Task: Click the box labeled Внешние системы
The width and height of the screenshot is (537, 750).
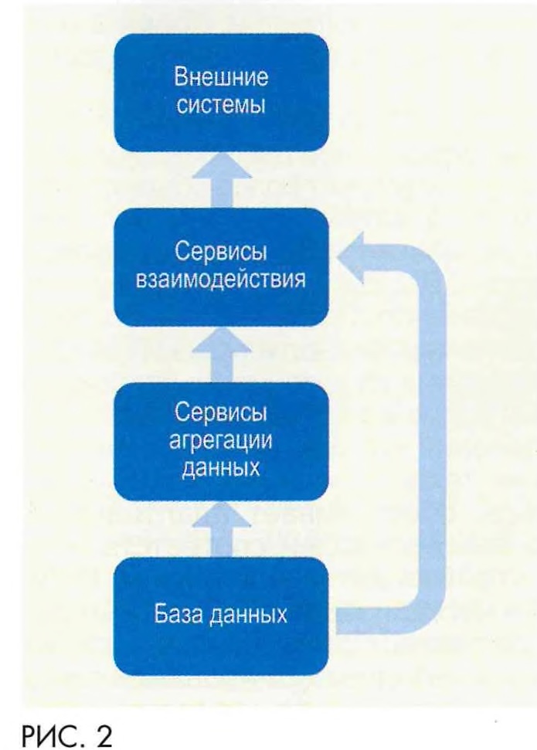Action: [x=221, y=92]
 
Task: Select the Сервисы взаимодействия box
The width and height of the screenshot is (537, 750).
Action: [x=221, y=266]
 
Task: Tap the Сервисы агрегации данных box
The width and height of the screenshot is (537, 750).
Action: [x=221, y=441]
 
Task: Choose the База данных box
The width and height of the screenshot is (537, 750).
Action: [x=221, y=616]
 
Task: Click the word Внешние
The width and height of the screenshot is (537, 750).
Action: [x=221, y=80]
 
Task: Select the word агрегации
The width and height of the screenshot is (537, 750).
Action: [x=221, y=442]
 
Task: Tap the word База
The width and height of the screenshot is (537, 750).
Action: [x=184, y=616]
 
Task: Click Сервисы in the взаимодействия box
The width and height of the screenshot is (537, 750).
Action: [x=221, y=254]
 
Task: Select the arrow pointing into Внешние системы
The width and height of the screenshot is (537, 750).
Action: [x=221, y=178]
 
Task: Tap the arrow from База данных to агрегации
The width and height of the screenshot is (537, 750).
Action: [x=221, y=528]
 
